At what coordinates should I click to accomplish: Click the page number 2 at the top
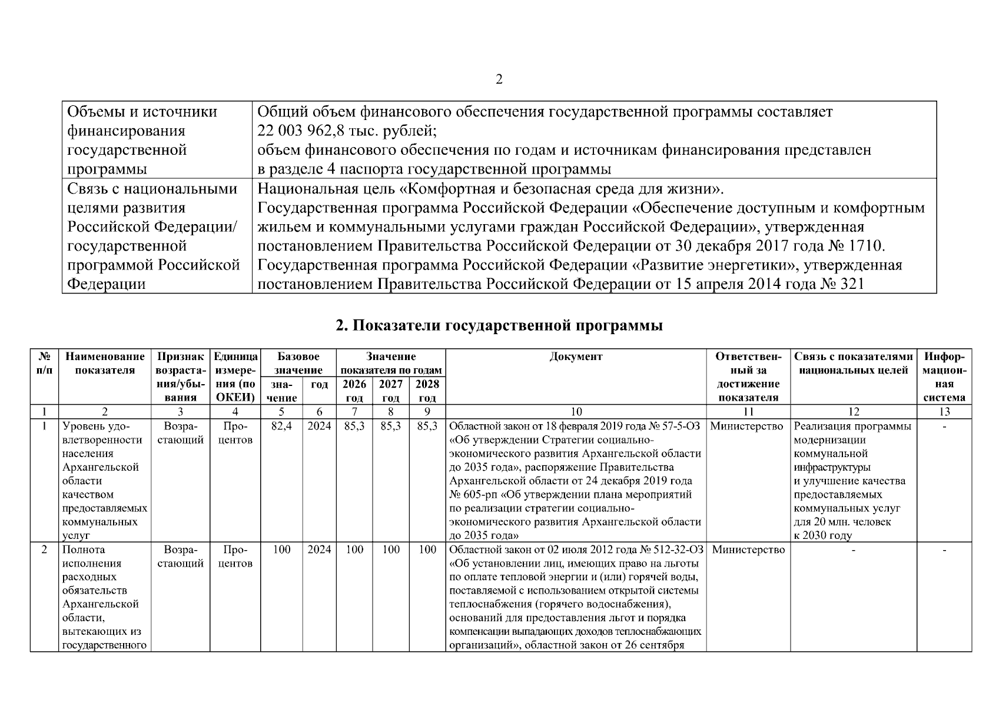coord(499,79)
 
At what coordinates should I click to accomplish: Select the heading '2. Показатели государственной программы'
coord(499,325)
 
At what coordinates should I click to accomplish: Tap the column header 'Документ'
coord(576,357)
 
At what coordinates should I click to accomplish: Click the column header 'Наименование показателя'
coord(105,363)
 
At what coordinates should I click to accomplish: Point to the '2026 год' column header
coord(354,391)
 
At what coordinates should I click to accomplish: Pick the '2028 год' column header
coord(427,391)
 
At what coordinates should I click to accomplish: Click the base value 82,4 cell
coord(281,426)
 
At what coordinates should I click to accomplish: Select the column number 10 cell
coord(576,412)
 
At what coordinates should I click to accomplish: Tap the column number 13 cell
coord(944,412)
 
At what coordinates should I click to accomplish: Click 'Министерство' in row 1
coord(748,426)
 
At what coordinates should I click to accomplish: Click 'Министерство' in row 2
coord(748,550)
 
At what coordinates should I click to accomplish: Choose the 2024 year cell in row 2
coord(319,550)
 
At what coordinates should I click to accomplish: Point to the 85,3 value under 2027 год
coord(390,426)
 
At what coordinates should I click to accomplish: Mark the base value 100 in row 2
coord(281,550)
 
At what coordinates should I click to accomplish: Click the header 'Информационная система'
coord(944,377)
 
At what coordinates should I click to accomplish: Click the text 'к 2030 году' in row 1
coord(822,535)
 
